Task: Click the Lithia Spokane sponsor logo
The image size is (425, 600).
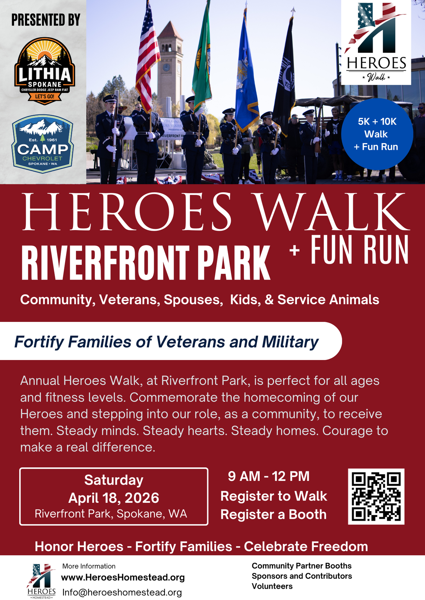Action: tap(44, 71)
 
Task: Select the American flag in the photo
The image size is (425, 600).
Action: tap(147, 56)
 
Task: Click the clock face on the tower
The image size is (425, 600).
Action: tap(166, 68)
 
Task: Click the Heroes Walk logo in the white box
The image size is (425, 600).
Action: tap(376, 42)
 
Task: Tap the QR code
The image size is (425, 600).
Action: tap(376, 496)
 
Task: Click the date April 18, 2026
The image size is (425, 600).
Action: tap(114, 498)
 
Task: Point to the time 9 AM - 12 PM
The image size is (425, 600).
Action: tap(269, 476)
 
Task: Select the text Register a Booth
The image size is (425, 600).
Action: tap(273, 514)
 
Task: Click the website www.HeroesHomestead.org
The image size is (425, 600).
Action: tap(123, 577)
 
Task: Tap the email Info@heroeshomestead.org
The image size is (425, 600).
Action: tap(122, 592)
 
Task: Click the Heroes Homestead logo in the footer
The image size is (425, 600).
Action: tap(42, 581)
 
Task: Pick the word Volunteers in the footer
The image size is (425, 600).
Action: tap(272, 586)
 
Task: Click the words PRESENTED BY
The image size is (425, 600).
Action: tap(46, 20)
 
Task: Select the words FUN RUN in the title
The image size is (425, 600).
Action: tap(360, 250)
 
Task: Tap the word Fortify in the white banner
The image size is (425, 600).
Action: tap(39, 342)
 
